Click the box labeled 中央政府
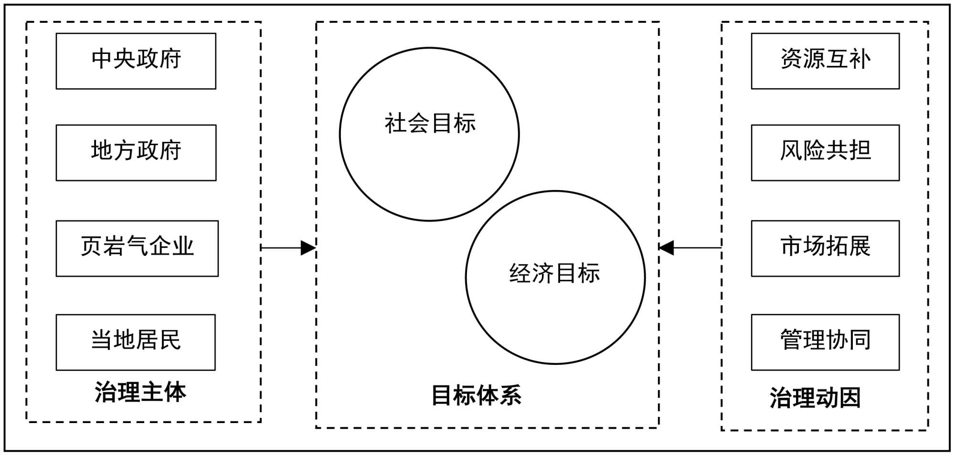coord(136,61)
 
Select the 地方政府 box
coord(136,152)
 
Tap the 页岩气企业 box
coord(137,248)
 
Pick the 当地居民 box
coord(136,342)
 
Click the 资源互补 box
coord(825,61)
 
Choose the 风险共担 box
coord(825,152)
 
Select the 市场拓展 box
coord(825,248)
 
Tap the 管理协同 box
coord(825,342)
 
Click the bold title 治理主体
coord(140,392)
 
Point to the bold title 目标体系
coord(476,395)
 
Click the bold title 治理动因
coord(815,398)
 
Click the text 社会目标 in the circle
coord(430,123)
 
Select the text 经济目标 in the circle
coord(554,274)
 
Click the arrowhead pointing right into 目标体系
coord(308,248)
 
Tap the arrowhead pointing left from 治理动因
coord(667,248)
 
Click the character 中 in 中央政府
coord(102,59)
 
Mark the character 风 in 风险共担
coord(791,150)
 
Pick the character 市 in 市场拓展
coord(791,246)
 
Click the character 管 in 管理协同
coord(791,340)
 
